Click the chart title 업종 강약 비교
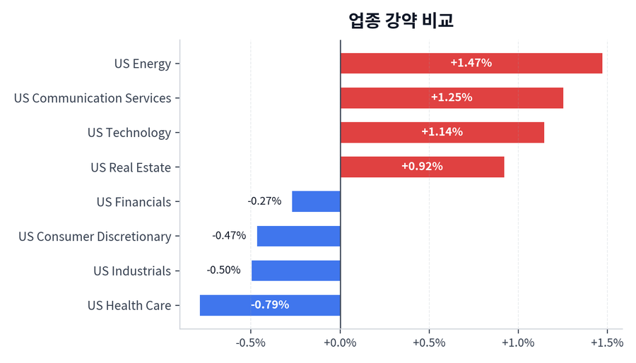tap(401, 20)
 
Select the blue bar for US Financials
tap(316, 201)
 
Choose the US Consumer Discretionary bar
tap(298, 236)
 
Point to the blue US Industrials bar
tap(295, 270)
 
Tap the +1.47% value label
tap(471, 63)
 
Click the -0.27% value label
tap(264, 201)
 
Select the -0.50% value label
tap(223, 270)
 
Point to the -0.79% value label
tap(269, 305)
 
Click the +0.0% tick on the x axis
tap(340, 343)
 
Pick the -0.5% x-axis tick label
tap(250, 343)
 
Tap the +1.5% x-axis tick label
tap(606, 343)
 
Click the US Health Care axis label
tap(129, 306)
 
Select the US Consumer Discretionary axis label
tap(95, 237)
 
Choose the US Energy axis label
tap(143, 64)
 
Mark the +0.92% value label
tap(422, 167)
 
